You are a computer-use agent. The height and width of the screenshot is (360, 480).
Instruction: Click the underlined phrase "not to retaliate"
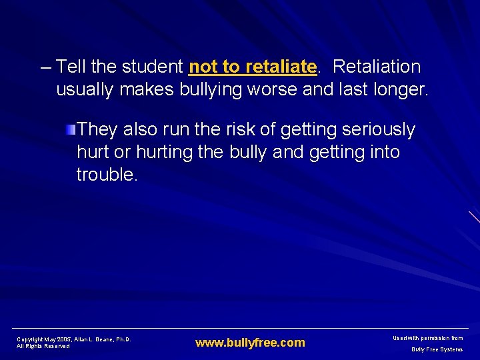coord(252,67)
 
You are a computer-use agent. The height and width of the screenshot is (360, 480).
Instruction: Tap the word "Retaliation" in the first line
coord(377,67)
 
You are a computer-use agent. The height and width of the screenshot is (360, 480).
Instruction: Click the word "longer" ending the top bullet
coord(401,89)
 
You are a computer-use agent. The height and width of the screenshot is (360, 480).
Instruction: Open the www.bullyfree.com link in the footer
coord(250,343)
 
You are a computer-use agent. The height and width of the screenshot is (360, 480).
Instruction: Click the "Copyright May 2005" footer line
coord(73,339)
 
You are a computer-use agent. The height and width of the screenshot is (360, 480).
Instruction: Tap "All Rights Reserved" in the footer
coord(43,347)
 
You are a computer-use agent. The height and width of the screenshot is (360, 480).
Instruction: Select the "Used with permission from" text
coord(427,339)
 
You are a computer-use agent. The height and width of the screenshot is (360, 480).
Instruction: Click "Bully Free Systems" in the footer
coord(437,349)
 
